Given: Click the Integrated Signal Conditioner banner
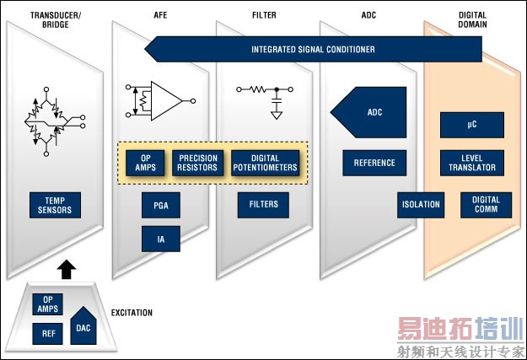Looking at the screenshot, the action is tap(313, 50).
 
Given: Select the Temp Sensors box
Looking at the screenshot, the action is tap(55, 205).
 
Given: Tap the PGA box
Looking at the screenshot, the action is tap(161, 205).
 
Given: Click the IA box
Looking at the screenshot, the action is tap(161, 239).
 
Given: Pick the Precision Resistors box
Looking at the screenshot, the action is tap(197, 163).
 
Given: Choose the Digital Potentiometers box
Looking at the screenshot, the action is tap(265, 163).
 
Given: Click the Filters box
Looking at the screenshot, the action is tap(263, 205).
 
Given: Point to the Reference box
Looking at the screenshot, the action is tap(374, 163).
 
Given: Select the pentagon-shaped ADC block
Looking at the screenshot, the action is tap(368, 112).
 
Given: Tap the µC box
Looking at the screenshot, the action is tap(472, 125).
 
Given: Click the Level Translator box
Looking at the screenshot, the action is tap(472, 163).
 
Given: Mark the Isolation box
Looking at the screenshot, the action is tap(421, 205).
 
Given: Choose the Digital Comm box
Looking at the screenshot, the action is tap(486, 205).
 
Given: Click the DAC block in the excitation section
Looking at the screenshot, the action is tap(83, 326).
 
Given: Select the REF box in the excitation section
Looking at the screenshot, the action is tap(47, 334).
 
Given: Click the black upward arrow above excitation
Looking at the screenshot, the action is tap(67, 269).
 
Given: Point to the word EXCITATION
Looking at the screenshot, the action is tap(132, 313).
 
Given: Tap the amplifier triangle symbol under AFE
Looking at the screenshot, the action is tap(167, 101).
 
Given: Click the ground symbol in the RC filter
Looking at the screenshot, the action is tap(277, 116).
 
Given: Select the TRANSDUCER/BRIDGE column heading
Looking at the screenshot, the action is tap(56, 20).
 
